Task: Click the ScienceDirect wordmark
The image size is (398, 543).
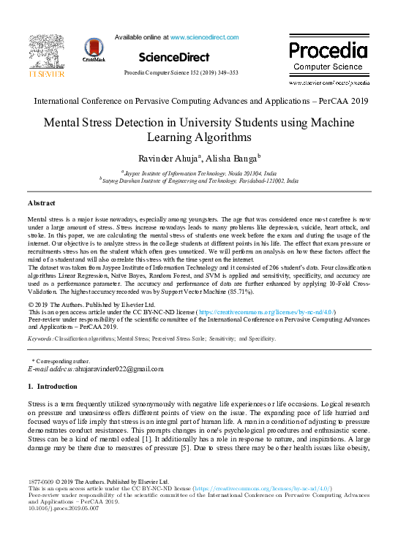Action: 173,56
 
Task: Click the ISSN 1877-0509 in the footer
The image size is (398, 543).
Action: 40,482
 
